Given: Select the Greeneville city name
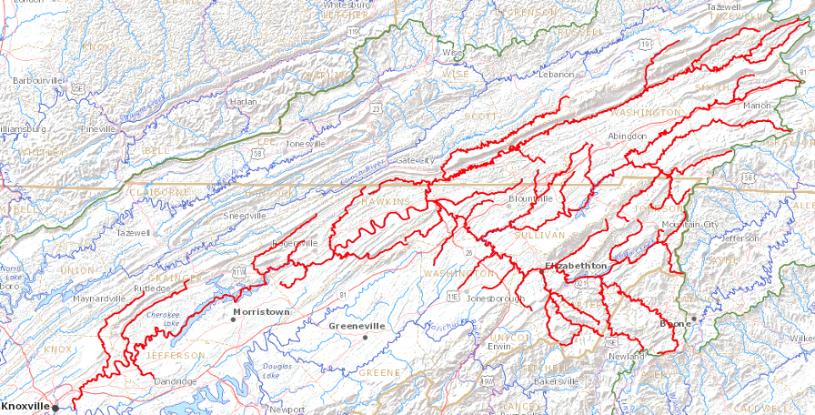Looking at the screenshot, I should tap(357, 326).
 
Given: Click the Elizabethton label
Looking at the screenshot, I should tap(575, 265).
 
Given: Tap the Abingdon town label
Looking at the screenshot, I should tap(628, 136).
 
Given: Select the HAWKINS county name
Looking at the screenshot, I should tap(386, 200).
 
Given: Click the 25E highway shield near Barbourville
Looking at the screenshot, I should tap(79, 88).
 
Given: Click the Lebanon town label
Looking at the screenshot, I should tap(557, 73).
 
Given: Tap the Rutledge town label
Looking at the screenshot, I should tap(152, 288).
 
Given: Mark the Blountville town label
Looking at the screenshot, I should tap(530, 197).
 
